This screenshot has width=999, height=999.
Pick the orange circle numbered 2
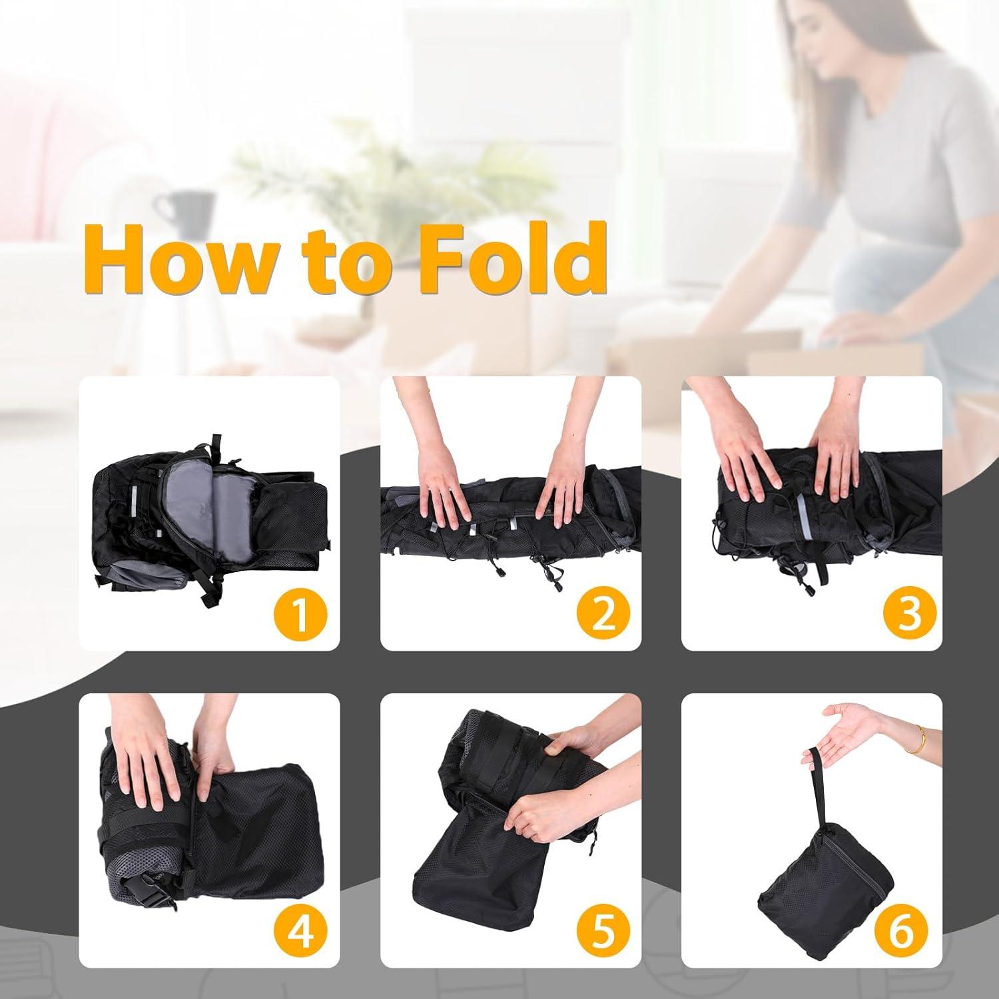pyautogui.click(x=601, y=614)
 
